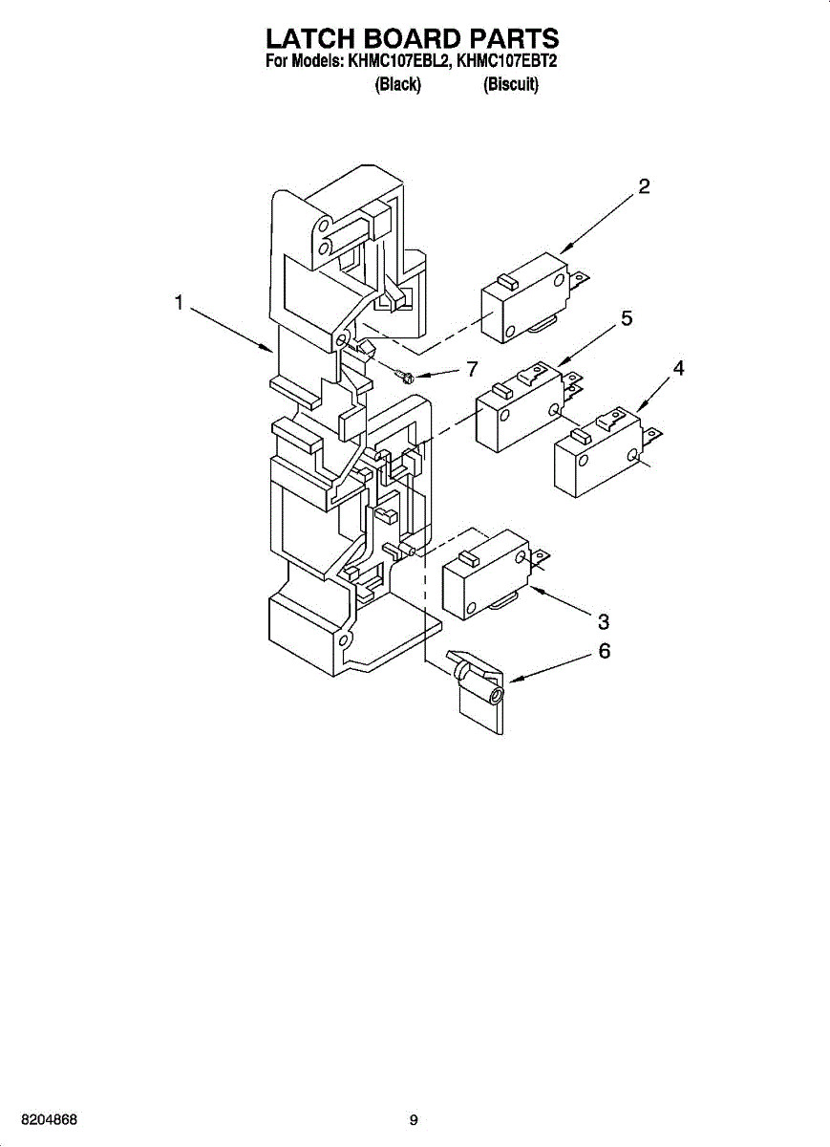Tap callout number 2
click(x=645, y=186)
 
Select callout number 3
click(x=604, y=621)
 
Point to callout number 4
click(x=678, y=368)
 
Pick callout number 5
click(x=626, y=318)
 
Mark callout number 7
click(x=471, y=370)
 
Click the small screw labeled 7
click(x=405, y=376)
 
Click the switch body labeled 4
click(x=596, y=456)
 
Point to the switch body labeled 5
click(x=516, y=412)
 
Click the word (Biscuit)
click(x=511, y=85)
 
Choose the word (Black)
click(x=398, y=85)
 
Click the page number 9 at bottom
click(x=414, y=1120)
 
